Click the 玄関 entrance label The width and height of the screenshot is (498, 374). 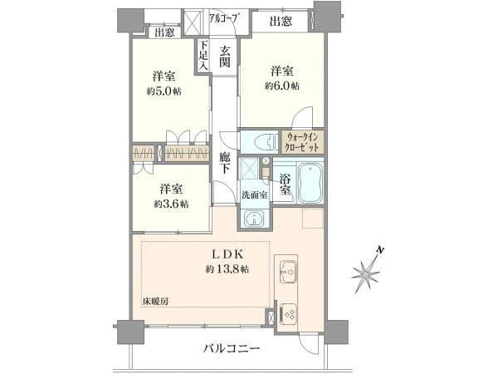pyautogui.click(x=225, y=57)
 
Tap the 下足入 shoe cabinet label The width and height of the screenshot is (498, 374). pyautogui.click(x=203, y=56)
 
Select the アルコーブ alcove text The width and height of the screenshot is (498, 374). pyautogui.click(x=223, y=17)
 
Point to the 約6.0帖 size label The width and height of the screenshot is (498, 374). pyautogui.click(x=282, y=86)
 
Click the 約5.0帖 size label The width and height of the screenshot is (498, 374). pyautogui.click(x=164, y=91)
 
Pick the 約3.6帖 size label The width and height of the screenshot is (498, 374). pyautogui.click(x=171, y=204)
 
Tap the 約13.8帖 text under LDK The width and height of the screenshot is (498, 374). pyautogui.click(x=227, y=269)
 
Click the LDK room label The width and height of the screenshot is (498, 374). pyautogui.click(x=227, y=254)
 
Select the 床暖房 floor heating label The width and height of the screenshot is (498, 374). pyautogui.click(x=155, y=302)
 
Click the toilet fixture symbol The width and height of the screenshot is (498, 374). pyautogui.click(x=263, y=141)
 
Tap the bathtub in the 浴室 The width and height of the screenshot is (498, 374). pyautogui.click(x=311, y=183)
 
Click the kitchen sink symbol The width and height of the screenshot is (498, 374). pyautogui.click(x=288, y=271)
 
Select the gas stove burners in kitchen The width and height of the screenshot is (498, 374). pyautogui.click(x=289, y=314)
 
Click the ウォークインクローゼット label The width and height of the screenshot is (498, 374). pyautogui.click(x=302, y=142)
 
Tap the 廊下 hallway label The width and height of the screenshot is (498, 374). pyautogui.click(x=225, y=163)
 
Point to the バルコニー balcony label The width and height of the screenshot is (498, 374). pyautogui.click(x=232, y=348)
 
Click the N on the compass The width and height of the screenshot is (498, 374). pyautogui.click(x=379, y=251)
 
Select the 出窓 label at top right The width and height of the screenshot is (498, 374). pyautogui.click(x=281, y=22)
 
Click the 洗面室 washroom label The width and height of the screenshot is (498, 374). pyautogui.click(x=255, y=195)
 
